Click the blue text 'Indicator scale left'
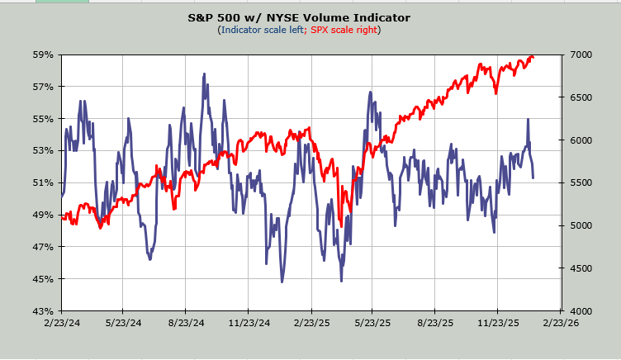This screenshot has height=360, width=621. point(262,30)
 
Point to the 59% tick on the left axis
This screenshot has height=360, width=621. point(43,54)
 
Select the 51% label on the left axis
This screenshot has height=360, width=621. point(43,182)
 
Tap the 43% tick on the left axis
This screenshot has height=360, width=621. point(43,310)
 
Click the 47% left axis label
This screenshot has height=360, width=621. point(43,247)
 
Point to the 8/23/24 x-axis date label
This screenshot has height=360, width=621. point(185,324)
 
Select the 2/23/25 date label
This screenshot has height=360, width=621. point(310,324)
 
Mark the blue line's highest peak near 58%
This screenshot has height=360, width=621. point(204,74)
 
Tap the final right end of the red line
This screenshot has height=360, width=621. point(533,57)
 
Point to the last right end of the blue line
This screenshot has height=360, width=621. point(533,178)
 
